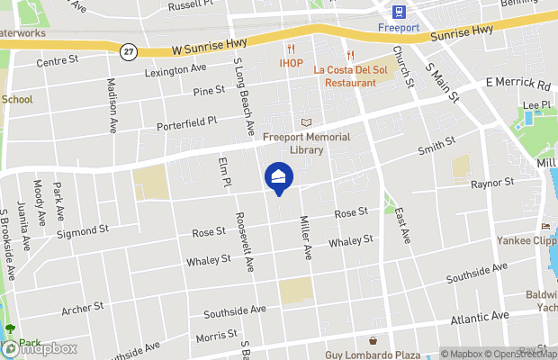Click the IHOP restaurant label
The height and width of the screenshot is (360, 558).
coord(291,64)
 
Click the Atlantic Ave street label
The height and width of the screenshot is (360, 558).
coord(481,318)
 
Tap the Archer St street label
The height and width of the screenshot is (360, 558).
coord(83,309)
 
